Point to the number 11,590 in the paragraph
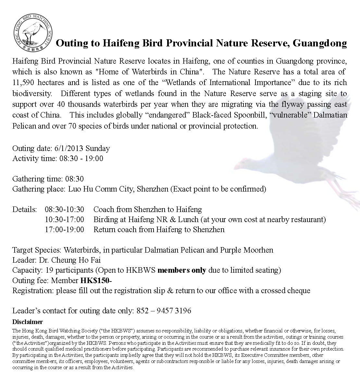(x=24, y=83)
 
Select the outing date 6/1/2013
(x=68, y=149)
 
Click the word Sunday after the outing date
(x=98, y=149)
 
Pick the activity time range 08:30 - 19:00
(x=81, y=159)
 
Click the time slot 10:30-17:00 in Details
(x=64, y=219)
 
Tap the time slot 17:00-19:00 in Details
(x=64, y=230)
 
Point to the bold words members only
(x=182, y=270)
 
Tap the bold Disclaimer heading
(x=28, y=322)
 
